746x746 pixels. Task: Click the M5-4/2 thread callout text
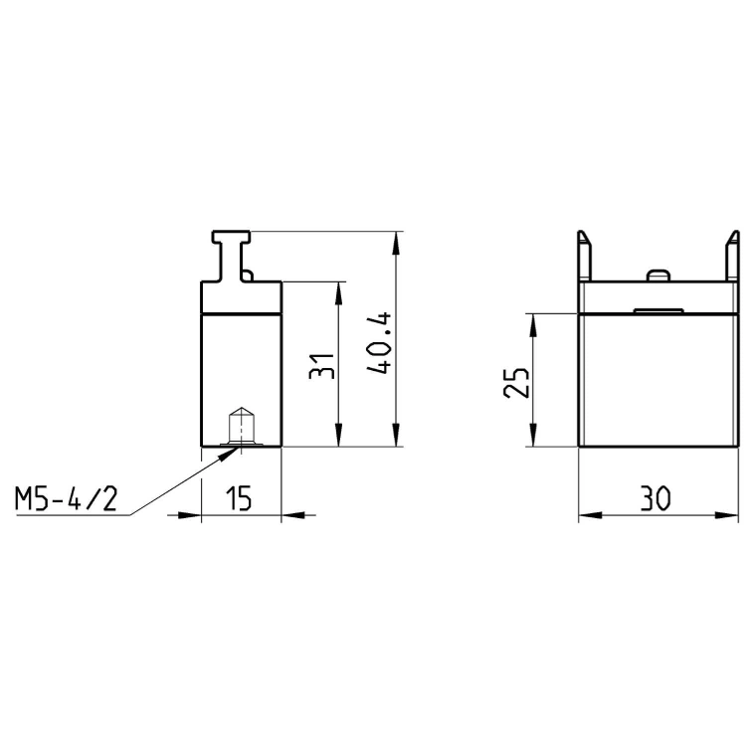point(66,499)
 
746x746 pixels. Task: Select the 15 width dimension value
point(239,498)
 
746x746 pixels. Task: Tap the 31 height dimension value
point(321,366)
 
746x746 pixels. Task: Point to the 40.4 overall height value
point(379,342)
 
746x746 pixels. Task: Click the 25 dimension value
point(515,383)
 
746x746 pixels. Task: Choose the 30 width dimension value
point(655,498)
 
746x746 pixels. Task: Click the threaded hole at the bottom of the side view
point(242,427)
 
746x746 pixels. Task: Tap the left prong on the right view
point(584,256)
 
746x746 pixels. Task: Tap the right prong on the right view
point(732,256)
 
